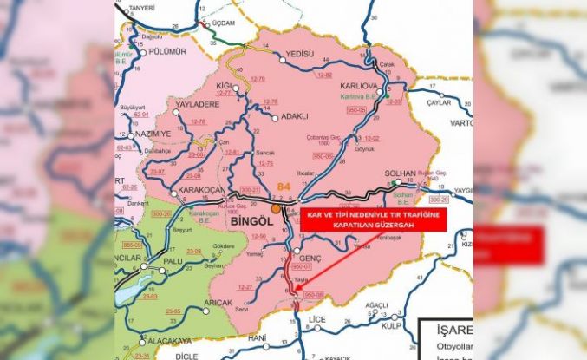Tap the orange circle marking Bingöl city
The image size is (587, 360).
(276, 209)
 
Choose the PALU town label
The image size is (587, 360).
(173, 259)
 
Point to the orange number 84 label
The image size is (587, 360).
(284, 187)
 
